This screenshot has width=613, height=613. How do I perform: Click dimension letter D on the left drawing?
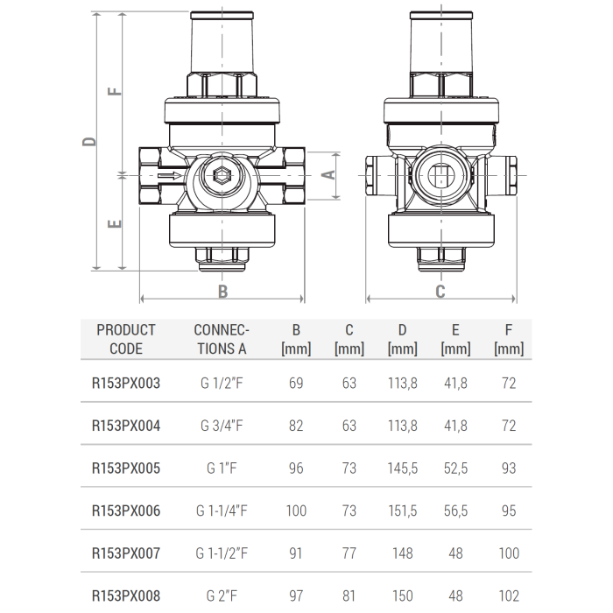[x=89, y=141]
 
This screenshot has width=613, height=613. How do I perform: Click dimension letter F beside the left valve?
[x=114, y=91]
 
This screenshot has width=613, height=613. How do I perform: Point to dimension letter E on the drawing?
[x=114, y=224]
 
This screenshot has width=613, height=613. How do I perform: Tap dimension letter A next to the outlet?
[x=330, y=174]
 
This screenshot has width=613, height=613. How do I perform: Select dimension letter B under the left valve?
[x=222, y=292]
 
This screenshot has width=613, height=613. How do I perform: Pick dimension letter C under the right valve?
[x=440, y=292]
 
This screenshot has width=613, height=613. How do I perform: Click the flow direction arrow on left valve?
[x=171, y=176]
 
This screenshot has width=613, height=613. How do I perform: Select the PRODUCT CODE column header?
[x=126, y=339]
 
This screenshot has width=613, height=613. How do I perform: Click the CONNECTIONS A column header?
[x=222, y=339]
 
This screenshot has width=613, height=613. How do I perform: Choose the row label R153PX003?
[x=126, y=384]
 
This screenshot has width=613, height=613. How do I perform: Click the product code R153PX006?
[x=126, y=511]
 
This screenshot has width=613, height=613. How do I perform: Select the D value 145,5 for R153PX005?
[x=402, y=469]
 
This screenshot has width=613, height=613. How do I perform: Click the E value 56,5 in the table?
[x=455, y=511]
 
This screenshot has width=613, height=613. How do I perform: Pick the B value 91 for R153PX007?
[x=296, y=553]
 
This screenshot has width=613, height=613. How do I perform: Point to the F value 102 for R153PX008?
[x=509, y=596]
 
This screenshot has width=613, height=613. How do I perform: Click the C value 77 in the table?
[x=349, y=553]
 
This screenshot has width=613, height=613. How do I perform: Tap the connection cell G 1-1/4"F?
[x=222, y=511]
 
